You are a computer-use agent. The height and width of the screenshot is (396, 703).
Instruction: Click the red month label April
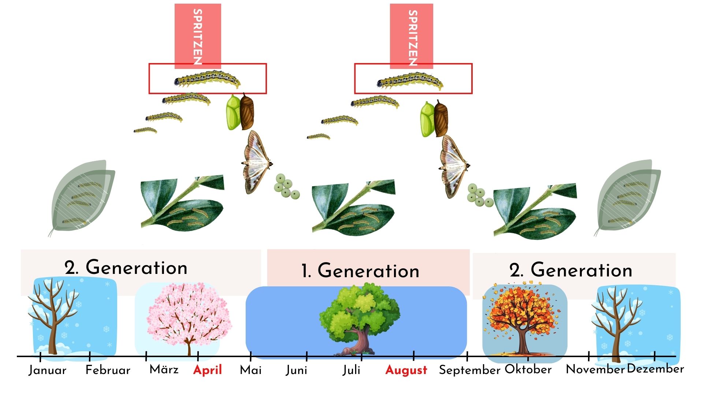[x=208, y=370]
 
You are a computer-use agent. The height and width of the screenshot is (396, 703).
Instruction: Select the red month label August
[x=406, y=370]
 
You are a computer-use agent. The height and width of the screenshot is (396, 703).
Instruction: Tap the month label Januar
[x=48, y=370]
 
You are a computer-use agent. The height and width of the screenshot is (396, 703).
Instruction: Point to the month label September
[x=470, y=370]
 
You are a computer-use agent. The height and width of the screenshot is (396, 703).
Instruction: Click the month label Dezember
[x=655, y=369]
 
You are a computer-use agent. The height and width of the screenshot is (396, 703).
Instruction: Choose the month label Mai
[x=251, y=370]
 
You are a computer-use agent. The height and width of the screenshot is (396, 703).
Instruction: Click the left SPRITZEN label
[x=198, y=37]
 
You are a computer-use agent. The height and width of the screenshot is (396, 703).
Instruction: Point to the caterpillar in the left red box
[x=207, y=80]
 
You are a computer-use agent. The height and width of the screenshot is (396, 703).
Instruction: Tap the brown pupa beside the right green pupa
[x=441, y=118]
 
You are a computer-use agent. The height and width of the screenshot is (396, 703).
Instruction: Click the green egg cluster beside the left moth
[x=287, y=186]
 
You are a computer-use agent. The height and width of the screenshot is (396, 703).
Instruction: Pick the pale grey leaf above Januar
[x=83, y=198]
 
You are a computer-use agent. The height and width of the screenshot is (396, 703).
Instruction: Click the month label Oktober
[x=528, y=369]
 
